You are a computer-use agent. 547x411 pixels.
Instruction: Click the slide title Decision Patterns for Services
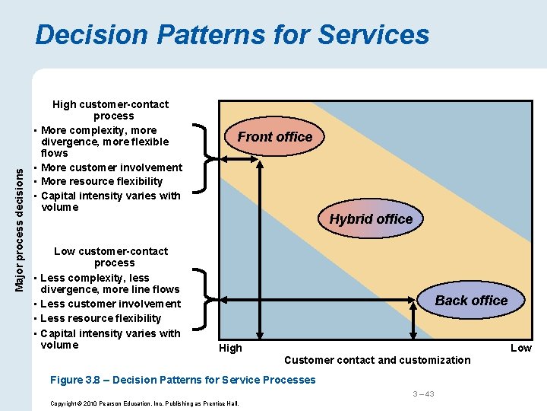point(232,35)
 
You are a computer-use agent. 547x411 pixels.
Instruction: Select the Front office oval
point(274,137)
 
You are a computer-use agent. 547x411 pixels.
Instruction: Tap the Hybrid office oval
point(371,219)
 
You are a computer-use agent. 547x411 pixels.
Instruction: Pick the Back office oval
point(471,301)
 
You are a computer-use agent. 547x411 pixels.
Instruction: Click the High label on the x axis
point(230,348)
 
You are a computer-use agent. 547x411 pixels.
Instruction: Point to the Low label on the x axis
point(520,348)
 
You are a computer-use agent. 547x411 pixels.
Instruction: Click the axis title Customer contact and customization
point(377,360)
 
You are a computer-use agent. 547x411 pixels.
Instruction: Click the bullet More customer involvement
point(112,167)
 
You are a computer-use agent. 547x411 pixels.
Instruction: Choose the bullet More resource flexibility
point(102,181)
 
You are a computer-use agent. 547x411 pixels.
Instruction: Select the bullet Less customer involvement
point(111,304)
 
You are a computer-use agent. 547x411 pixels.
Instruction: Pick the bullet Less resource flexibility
point(100,318)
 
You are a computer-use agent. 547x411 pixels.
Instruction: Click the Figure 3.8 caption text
point(182,380)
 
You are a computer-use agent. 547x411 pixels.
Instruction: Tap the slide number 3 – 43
point(423,393)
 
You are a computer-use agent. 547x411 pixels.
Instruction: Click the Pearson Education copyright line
point(144,403)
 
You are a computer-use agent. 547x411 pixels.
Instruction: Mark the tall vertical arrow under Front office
point(260,244)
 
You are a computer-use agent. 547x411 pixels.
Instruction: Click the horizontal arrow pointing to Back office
point(319,301)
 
